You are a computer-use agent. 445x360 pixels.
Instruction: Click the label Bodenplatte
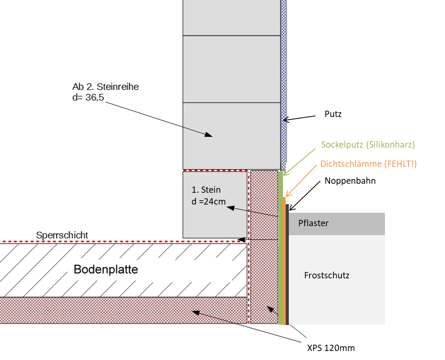click(106, 270)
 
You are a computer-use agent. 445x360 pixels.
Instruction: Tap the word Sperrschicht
click(62, 235)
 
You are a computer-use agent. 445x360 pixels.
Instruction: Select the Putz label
click(333, 114)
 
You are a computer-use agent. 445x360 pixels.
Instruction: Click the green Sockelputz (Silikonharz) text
click(368, 144)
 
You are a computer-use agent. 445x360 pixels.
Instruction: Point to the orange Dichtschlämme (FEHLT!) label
click(368, 164)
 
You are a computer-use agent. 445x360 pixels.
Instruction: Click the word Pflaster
click(313, 223)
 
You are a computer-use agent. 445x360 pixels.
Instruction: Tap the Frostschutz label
click(326, 275)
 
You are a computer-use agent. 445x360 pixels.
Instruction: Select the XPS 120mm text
click(331, 348)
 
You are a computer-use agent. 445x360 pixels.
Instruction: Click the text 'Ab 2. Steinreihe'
click(106, 87)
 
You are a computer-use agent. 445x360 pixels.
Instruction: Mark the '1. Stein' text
click(206, 190)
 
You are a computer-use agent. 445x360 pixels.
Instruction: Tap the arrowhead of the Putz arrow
click(285, 120)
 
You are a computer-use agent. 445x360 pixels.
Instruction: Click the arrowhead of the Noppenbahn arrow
click(291, 209)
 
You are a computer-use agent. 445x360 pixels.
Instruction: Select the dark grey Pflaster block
click(337, 224)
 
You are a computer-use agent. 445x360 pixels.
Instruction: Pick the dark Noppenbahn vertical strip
click(287, 267)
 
